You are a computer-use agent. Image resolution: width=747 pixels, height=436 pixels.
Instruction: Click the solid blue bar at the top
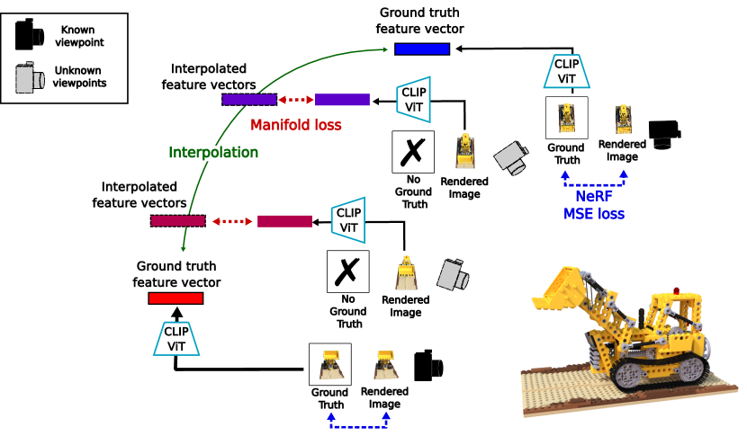click(x=422, y=49)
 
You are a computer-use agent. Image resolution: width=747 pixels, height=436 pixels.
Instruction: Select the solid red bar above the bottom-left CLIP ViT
click(x=175, y=298)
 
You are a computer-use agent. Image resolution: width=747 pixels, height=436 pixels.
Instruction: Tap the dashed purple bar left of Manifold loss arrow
click(x=249, y=100)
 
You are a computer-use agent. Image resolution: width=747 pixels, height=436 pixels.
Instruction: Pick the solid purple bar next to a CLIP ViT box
click(x=342, y=100)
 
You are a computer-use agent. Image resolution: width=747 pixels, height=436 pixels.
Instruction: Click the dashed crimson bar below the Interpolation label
click(x=177, y=221)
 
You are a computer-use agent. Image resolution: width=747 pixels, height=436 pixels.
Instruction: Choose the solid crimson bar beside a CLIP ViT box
click(x=284, y=221)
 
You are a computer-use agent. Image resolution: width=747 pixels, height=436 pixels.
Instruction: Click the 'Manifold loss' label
click(x=295, y=125)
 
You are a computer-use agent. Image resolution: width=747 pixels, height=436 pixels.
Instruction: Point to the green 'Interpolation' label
click(x=213, y=153)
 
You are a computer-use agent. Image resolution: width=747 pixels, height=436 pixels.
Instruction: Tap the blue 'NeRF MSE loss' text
click(x=593, y=205)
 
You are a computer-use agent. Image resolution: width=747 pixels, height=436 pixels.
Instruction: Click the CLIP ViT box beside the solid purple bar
click(x=413, y=99)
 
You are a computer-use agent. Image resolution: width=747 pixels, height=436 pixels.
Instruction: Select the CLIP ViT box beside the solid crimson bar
click(x=347, y=220)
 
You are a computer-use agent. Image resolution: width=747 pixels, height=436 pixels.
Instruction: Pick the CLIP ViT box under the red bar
click(x=176, y=339)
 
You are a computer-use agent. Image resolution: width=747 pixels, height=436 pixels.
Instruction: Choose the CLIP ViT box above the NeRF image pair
click(x=566, y=71)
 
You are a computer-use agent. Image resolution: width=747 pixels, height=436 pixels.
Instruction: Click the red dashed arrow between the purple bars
click(x=295, y=100)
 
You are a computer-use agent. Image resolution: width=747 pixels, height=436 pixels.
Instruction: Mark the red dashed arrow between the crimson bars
click(x=231, y=221)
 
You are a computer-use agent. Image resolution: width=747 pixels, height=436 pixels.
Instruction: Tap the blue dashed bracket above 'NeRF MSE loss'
click(x=594, y=179)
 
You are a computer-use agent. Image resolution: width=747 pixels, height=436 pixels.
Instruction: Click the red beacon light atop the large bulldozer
click(x=676, y=290)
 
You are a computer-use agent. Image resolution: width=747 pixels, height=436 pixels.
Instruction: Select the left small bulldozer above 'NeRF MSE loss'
click(x=566, y=118)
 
